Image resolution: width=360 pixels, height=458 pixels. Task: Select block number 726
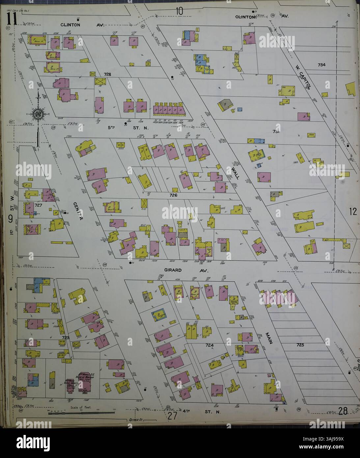(174, 195)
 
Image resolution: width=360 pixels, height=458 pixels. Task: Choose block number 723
(66, 337)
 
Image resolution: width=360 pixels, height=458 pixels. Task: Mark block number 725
(300, 345)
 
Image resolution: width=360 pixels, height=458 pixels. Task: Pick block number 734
(321, 65)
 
